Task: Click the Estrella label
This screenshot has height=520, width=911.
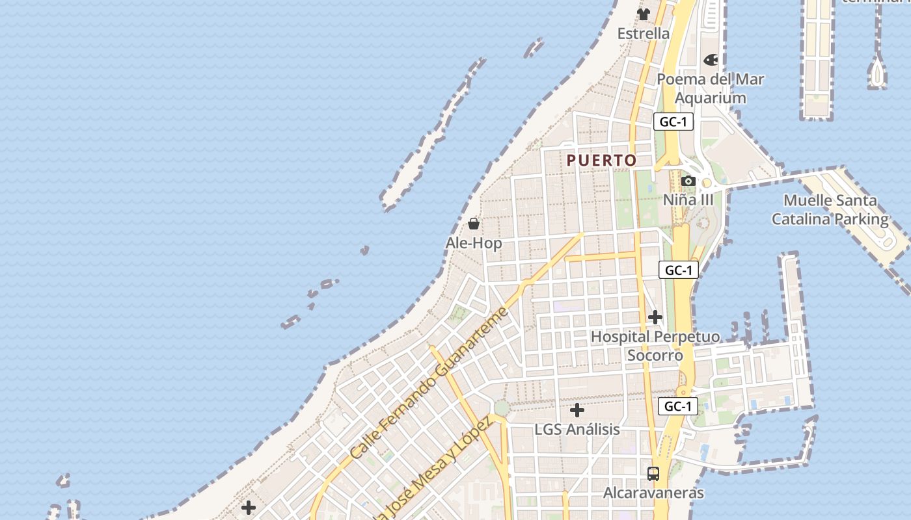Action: [x=643, y=34]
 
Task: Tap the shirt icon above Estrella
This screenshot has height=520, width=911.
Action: [x=644, y=14]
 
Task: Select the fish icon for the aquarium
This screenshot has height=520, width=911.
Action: [x=711, y=60]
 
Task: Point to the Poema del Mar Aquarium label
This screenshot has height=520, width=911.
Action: [x=710, y=88]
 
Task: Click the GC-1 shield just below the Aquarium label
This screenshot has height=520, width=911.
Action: [x=673, y=122]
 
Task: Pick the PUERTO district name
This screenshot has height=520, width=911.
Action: [x=601, y=161]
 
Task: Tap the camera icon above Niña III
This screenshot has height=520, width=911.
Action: [x=688, y=181]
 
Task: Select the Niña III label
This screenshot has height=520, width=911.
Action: [x=688, y=200]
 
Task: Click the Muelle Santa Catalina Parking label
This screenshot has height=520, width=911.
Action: [x=830, y=209]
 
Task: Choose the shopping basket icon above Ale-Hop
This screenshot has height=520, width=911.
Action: [x=474, y=224]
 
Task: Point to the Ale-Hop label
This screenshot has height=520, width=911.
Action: [x=474, y=243]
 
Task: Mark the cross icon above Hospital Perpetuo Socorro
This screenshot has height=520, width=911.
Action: [x=655, y=317]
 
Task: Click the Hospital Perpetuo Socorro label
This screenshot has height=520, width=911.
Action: [x=655, y=346]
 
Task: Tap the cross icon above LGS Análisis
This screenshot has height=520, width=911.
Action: [x=577, y=410]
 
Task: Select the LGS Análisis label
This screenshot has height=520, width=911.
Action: [x=577, y=430]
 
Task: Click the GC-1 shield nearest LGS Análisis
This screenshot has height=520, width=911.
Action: [x=678, y=407]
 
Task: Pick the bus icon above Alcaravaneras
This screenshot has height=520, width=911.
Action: [x=653, y=473]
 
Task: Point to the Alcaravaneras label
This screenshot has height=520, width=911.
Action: [x=653, y=493]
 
